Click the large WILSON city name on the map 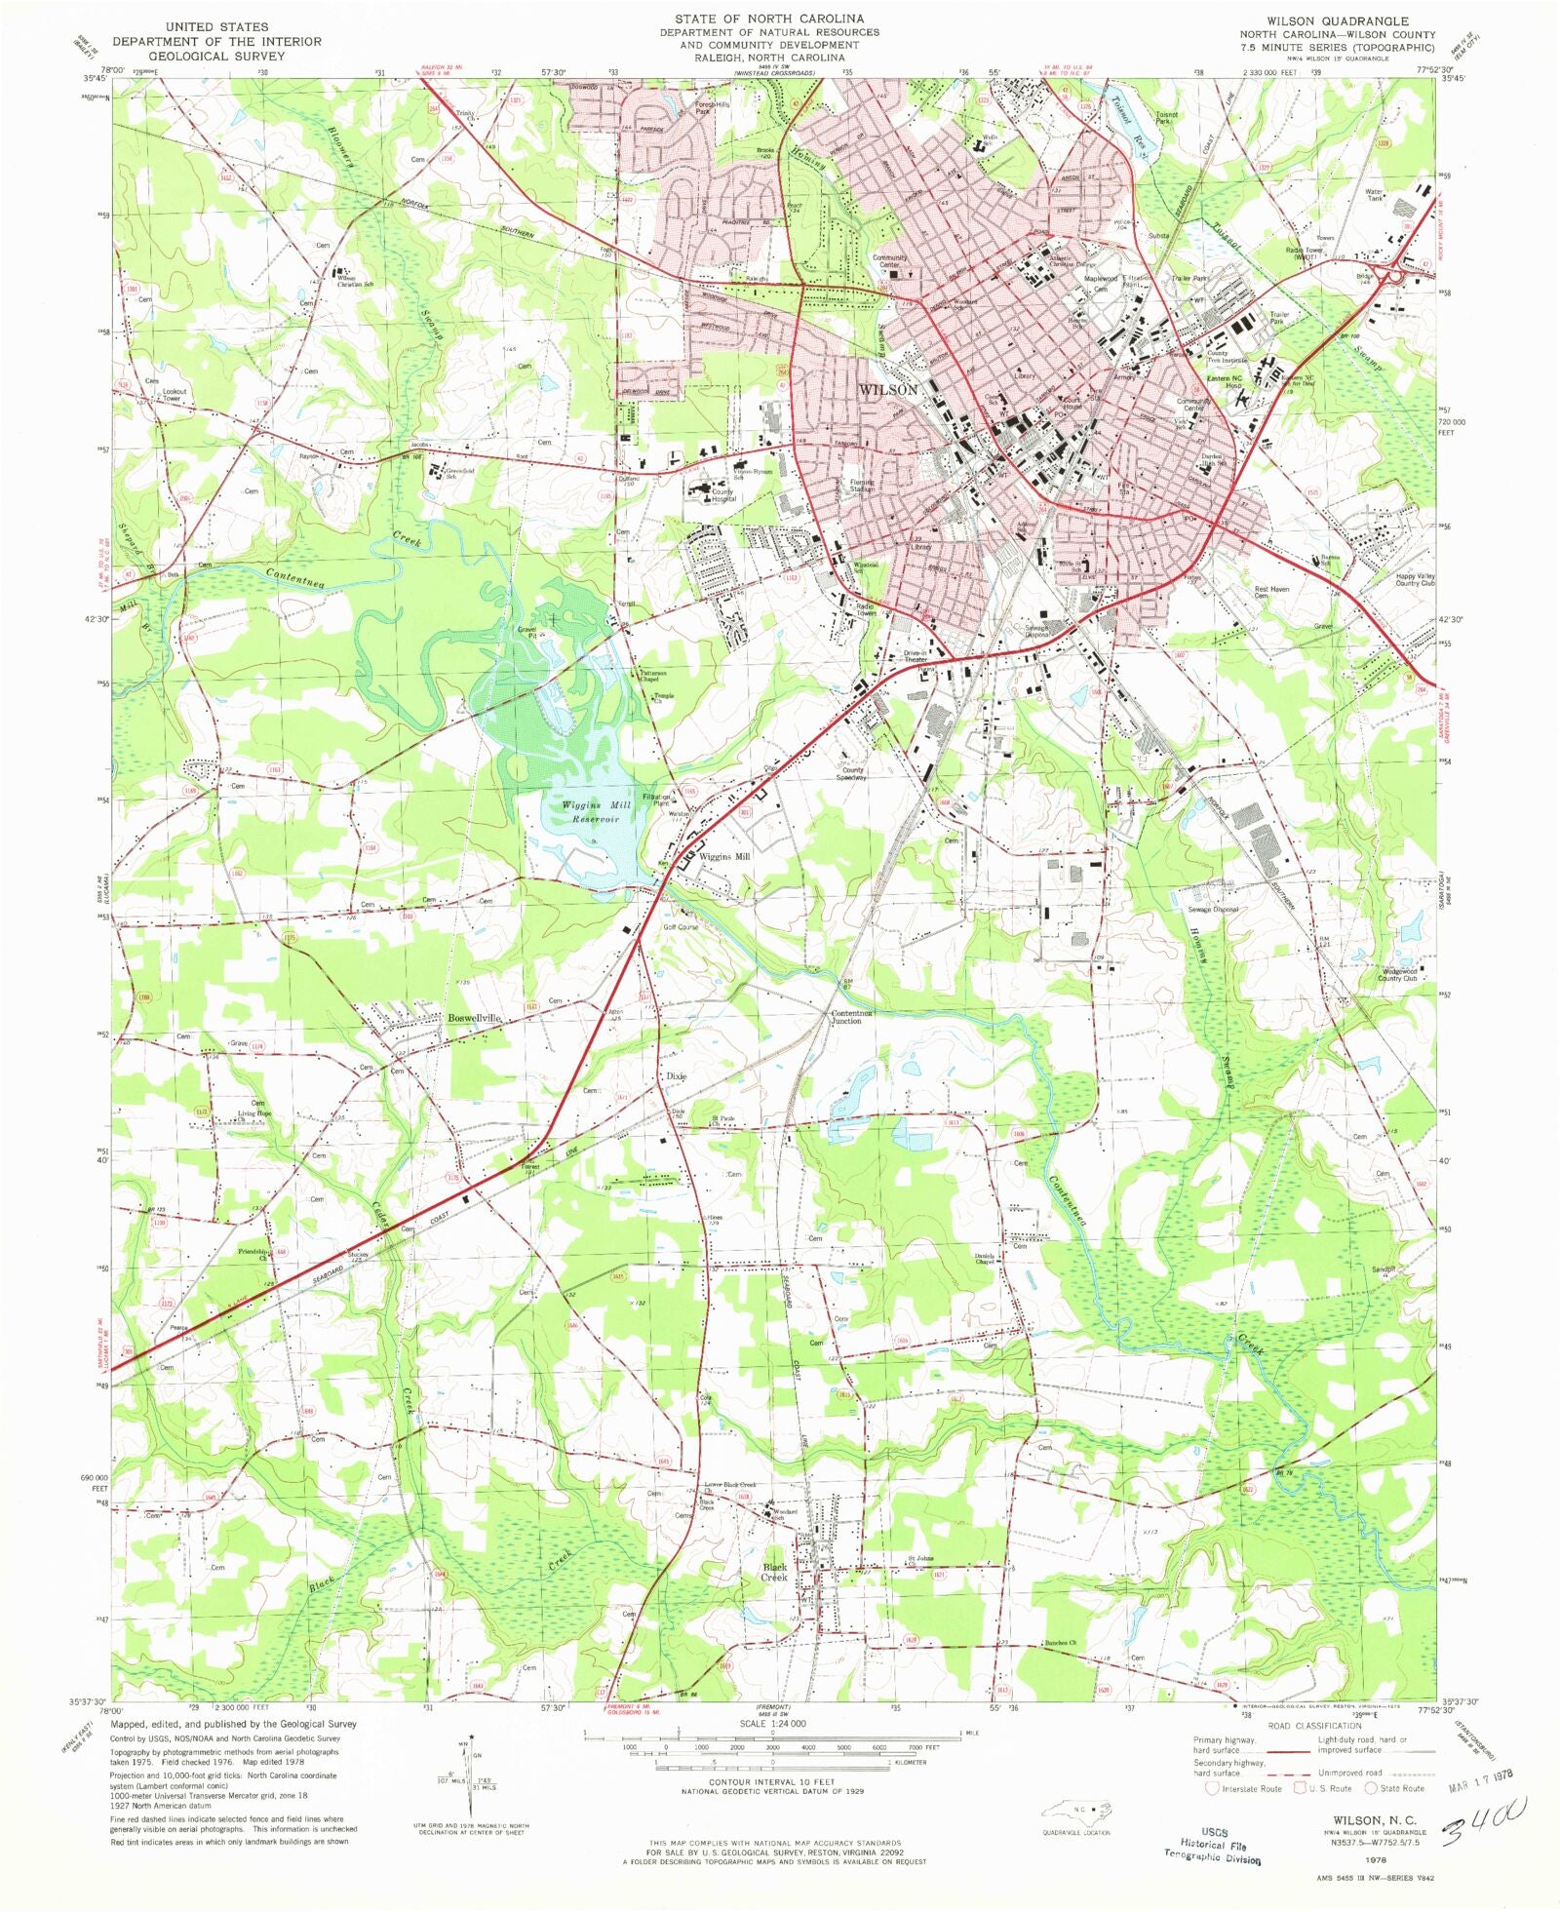(x=887, y=390)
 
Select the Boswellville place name (x=474, y=1018)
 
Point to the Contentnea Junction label (x=851, y=1017)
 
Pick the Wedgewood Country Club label (x=1398, y=974)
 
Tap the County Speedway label (x=852, y=774)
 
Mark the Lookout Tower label (x=174, y=395)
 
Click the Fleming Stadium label (x=862, y=485)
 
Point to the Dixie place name (x=677, y=1076)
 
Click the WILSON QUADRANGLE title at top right (x=1337, y=20)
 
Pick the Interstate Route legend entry (x=1244, y=1788)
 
